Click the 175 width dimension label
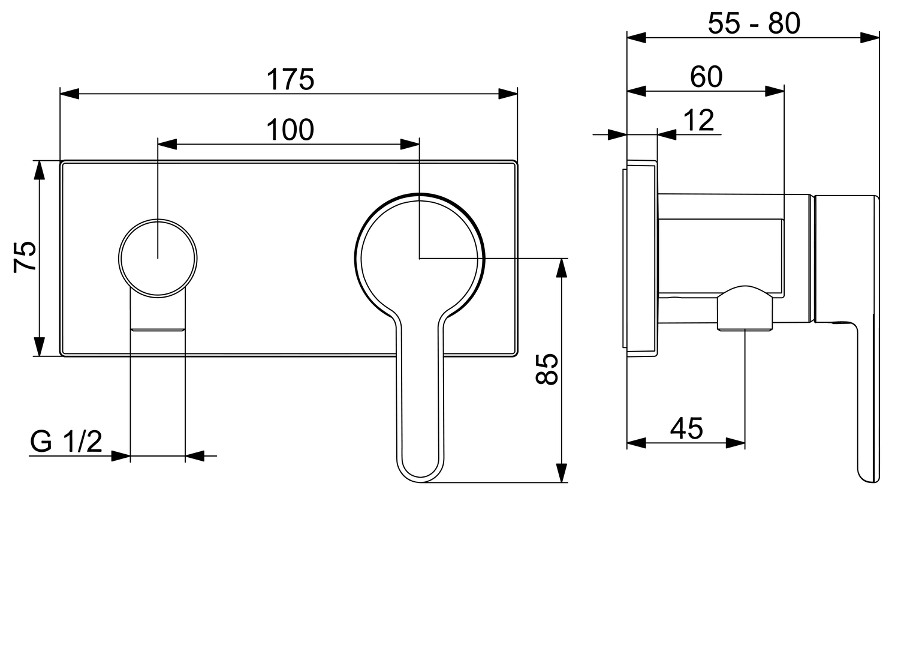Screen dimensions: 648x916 (x=290, y=79)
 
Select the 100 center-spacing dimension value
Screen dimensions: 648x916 (x=290, y=130)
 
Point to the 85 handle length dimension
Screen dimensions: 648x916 (x=547, y=368)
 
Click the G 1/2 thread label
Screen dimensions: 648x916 (x=67, y=443)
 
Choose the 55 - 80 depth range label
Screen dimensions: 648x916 (x=754, y=24)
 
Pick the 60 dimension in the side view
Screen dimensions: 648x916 (x=706, y=77)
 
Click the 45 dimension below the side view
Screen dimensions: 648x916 (x=686, y=428)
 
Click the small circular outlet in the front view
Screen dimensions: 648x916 (x=158, y=258)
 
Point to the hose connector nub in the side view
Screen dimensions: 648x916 (x=745, y=308)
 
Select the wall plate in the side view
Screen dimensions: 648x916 (x=641, y=258)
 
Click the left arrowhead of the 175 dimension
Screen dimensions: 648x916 (x=70, y=94)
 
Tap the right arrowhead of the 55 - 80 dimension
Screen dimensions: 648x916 (x=870, y=38)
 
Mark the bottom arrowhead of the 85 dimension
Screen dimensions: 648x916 (x=561, y=473)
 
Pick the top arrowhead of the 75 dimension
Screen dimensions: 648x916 (x=39, y=170)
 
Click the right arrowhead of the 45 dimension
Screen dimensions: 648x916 (x=736, y=443)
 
